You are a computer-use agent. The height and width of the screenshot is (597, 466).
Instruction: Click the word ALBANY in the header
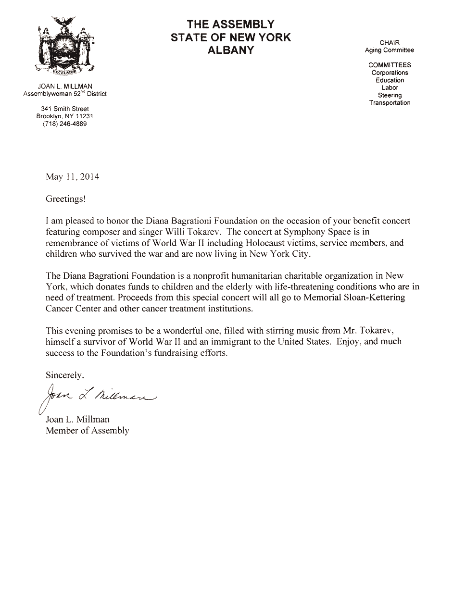230,50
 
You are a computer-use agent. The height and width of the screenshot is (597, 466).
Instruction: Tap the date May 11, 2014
72,176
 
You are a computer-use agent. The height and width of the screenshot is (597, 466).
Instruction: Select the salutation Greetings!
65,199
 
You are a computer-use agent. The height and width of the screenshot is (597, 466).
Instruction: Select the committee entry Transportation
390,103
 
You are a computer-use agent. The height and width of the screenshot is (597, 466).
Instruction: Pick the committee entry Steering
390,95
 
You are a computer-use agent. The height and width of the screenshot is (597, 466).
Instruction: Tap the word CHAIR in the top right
390,43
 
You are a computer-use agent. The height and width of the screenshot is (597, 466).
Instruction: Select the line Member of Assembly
88,430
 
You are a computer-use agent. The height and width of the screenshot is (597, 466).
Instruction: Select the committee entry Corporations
390,73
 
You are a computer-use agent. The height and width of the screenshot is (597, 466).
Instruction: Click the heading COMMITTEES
390,65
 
